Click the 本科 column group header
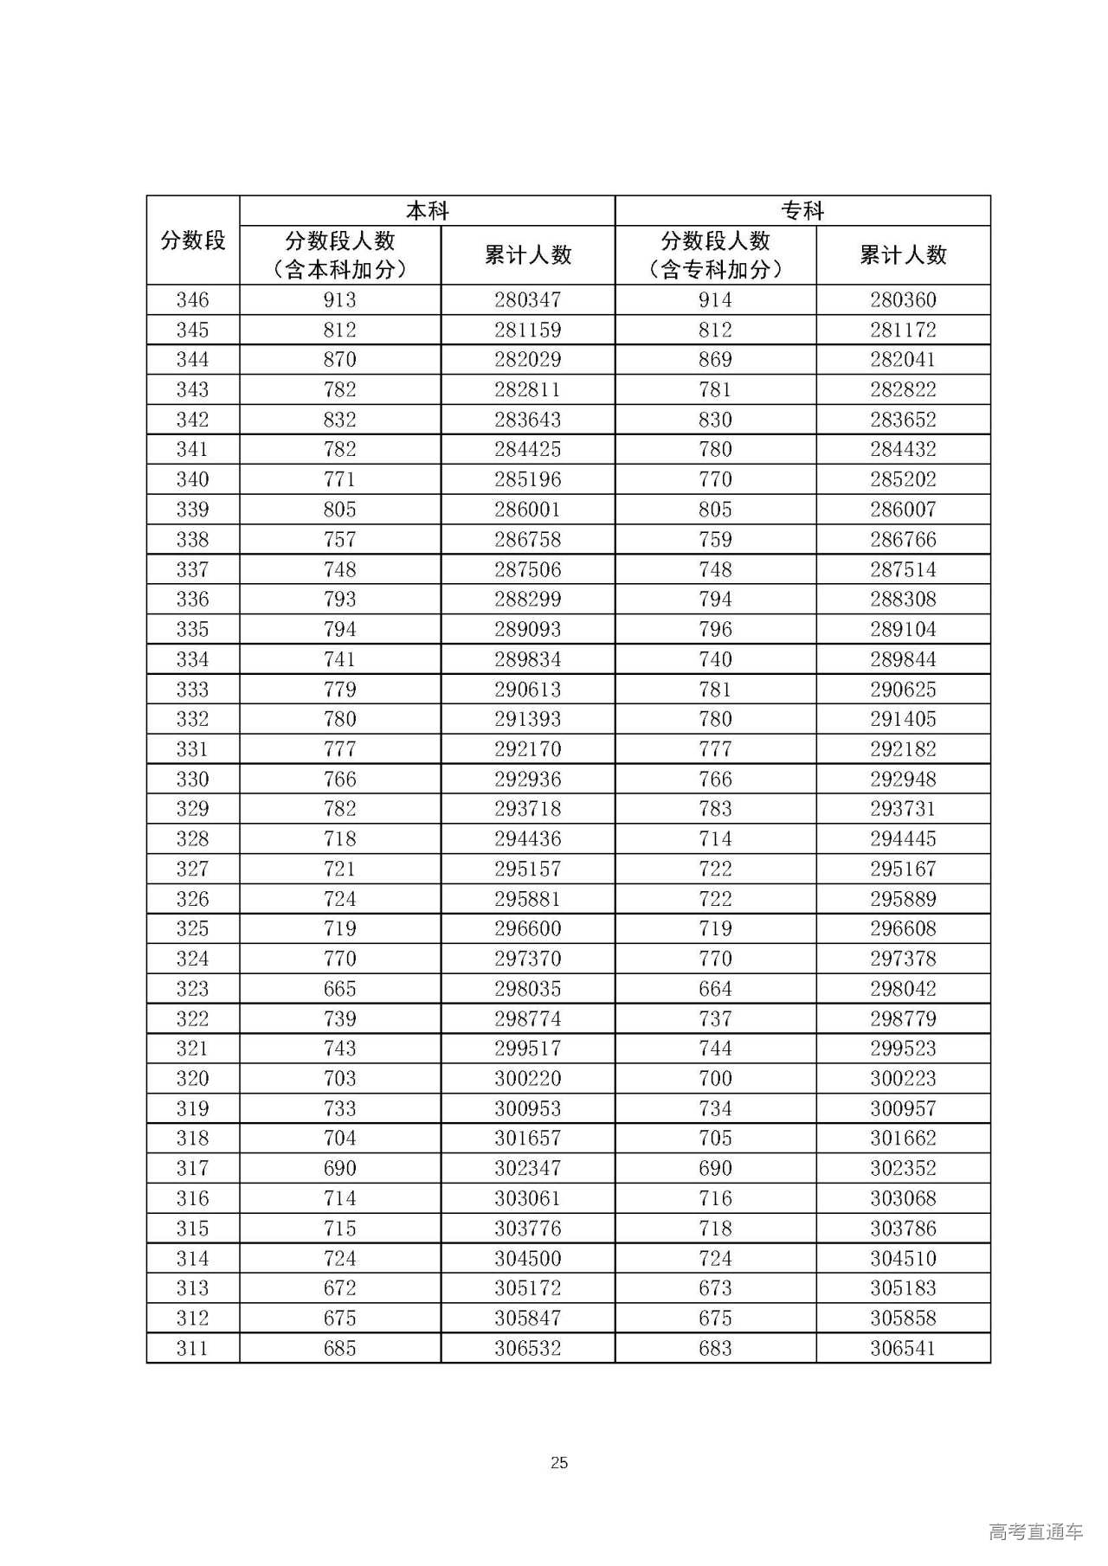tap(427, 210)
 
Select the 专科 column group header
tap(802, 210)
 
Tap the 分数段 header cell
tap(193, 241)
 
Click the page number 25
tap(558, 1462)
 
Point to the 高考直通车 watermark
tap(1035, 1531)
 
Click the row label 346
tap(193, 299)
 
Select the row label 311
tap(193, 1347)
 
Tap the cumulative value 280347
tap(528, 299)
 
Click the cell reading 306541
tap(903, 1347)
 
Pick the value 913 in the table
tap(340, 299)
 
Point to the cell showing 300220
tap(528, 1078)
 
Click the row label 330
tap(193, 779)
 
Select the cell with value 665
tap(340, 988)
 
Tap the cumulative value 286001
tap(528, 509)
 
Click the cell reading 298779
tap(903, 1018)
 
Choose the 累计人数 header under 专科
tap(903, 255)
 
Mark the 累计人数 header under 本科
tap(528, 255)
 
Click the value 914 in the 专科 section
tap(715, 299)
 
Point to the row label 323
tap(193, 988)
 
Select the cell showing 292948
tap(903, 779)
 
